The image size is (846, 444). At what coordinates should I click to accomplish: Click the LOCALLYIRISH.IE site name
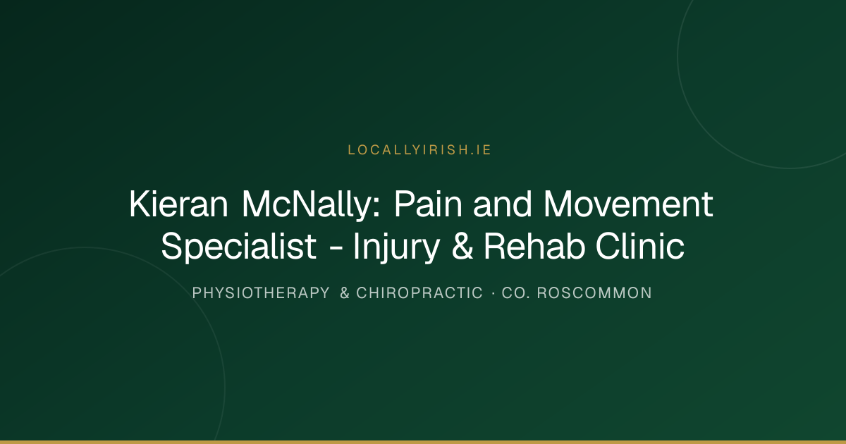click(x=419, y=150)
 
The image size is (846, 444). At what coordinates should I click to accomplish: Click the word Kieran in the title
click(x=178, y=204)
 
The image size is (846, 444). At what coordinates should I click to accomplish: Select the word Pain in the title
click(x=429, y=204)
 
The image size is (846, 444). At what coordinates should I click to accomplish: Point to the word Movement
click(x=628, y=204)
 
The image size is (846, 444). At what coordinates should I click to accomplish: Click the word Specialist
click(x=239, y=247)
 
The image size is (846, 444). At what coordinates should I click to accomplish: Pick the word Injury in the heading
click(x=396, y=247)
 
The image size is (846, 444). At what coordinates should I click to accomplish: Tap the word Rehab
click(x=534, y=246)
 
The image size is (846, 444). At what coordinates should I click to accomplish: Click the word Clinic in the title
click(x=640, y=246)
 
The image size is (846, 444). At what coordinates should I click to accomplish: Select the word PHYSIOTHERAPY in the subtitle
click(x=261, y=293)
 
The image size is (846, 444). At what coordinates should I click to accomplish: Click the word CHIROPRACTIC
click(x=419, y=293)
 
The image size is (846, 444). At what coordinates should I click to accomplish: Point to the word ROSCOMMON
click(x=594, y=293)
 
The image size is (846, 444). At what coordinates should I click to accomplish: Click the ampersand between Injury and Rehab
click(x=462, y=246)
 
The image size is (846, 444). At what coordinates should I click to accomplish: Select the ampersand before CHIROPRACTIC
click(x=345, y=293)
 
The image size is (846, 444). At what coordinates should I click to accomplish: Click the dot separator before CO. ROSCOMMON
click(x=493, y=293)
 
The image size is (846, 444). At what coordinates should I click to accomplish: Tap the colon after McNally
click(x=376, y=209)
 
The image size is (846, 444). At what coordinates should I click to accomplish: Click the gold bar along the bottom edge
click(x=423, y=442)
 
